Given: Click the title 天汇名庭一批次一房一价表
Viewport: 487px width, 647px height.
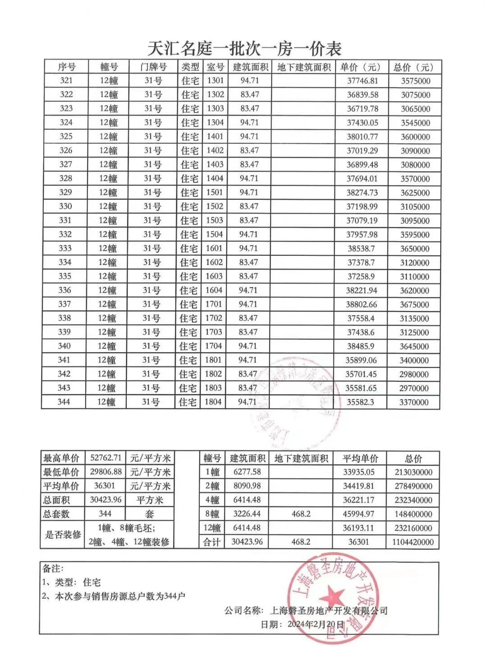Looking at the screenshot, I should [x=244, y=48].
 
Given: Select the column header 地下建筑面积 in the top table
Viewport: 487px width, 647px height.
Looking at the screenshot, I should [x=303, y=67].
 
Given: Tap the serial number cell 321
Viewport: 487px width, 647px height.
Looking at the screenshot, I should [x=66, y=81].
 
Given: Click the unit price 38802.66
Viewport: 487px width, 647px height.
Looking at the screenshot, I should [x=362, y=304].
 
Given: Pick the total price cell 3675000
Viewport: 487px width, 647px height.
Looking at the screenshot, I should [x=414, y=304].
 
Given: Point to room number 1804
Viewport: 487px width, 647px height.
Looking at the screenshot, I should [x=214, y=402].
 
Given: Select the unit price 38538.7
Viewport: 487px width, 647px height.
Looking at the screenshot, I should [x=361, y=248].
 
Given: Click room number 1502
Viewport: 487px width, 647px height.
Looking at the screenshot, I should [x=215, y=206].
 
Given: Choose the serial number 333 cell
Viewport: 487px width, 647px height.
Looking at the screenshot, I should [x=65, y=248].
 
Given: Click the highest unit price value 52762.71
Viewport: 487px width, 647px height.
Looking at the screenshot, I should [x=106, y=458].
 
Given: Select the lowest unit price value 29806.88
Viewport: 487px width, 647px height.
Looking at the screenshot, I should [x=106, y=472].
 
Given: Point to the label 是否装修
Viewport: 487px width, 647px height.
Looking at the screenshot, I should [x=63, y=535].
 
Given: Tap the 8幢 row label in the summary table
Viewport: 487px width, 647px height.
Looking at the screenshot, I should [x=212, y=514].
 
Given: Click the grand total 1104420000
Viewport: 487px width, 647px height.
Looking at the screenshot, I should [x=413, y=542].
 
